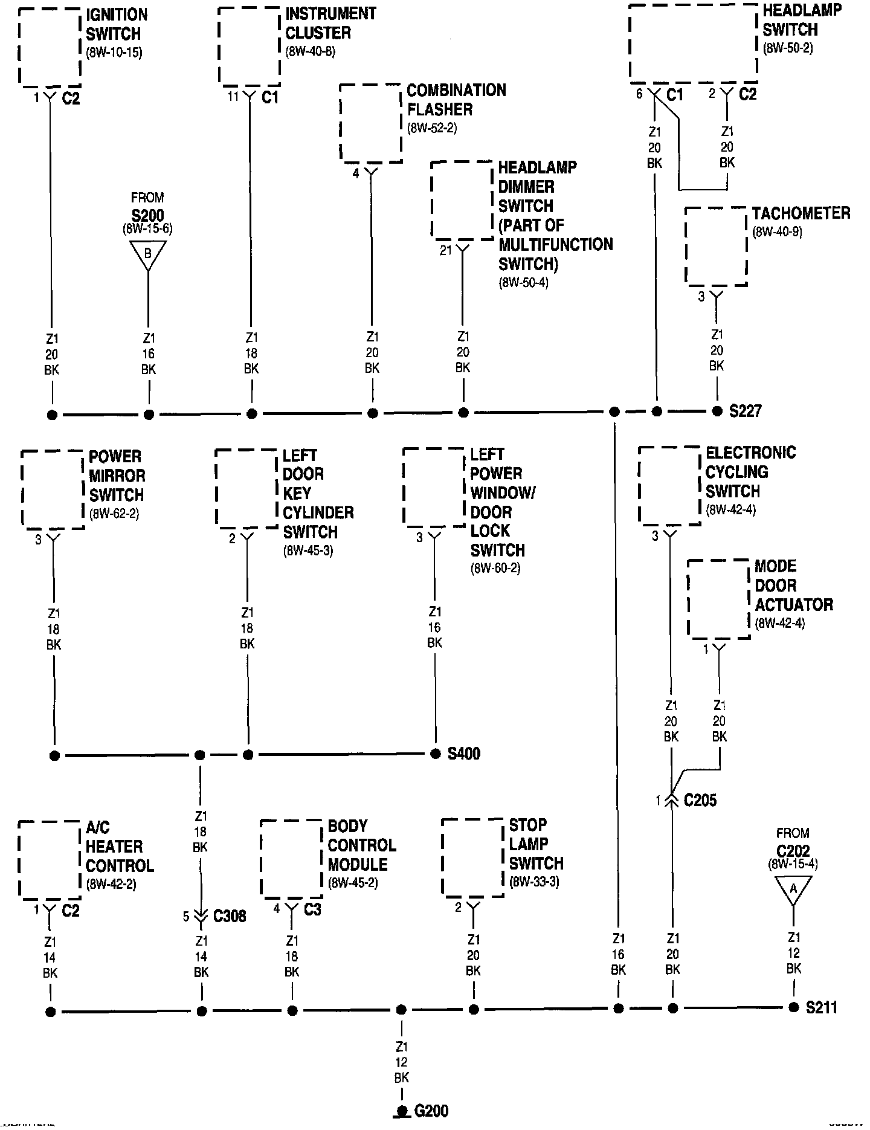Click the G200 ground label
pyautogui.click(x=431, y=1110)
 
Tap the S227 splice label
pyautogui.click(x=746, y=411)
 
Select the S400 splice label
pyautogui.click(x=464, y=754)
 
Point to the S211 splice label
pyautogui.click(x=822, y=1007)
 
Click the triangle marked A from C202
pyautogui.click(x=793, y=888)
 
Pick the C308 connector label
pyautogui.click(x=230, y=916)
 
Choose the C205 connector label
pyautogui.click(x=700, y=801)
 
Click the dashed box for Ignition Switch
pyautogui.click(x=50, y=47)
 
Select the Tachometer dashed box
pyautogui.click(x=716, y=246)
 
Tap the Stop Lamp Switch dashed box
pyautogui.click(x=473, y=857)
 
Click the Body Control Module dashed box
pyautogui.click(x=291, y=859)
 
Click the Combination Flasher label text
pyautogui.click(x=456, y=100)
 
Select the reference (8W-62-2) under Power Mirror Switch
pyautogui.click(x=114, y=515)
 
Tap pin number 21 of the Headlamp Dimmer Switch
pyautogui.click(x=446, y=250)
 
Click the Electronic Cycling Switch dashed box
pyautogui.click(x=669, y=486)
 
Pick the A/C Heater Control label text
pyautogui.click(x=120, y=846)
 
